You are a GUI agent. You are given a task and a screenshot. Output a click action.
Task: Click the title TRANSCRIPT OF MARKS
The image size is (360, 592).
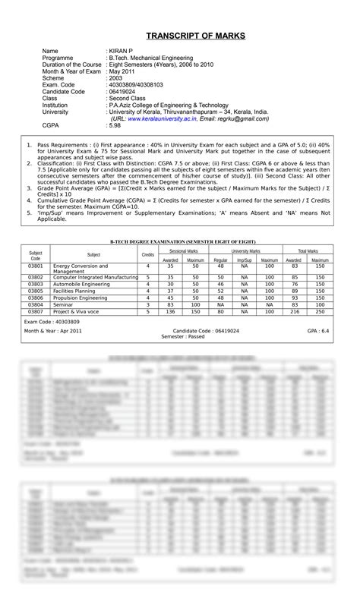(180, 35)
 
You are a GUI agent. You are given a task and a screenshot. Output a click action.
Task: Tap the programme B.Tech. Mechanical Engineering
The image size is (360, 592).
(152, 58)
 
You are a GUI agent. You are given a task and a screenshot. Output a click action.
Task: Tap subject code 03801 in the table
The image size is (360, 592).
(36, 266)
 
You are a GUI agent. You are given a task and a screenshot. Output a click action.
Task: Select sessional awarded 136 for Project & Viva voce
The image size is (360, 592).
(170, 311)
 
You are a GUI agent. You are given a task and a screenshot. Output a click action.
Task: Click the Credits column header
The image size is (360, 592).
(148, 255)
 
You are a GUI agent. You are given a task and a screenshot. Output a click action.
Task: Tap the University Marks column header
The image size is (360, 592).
(245, 250)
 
